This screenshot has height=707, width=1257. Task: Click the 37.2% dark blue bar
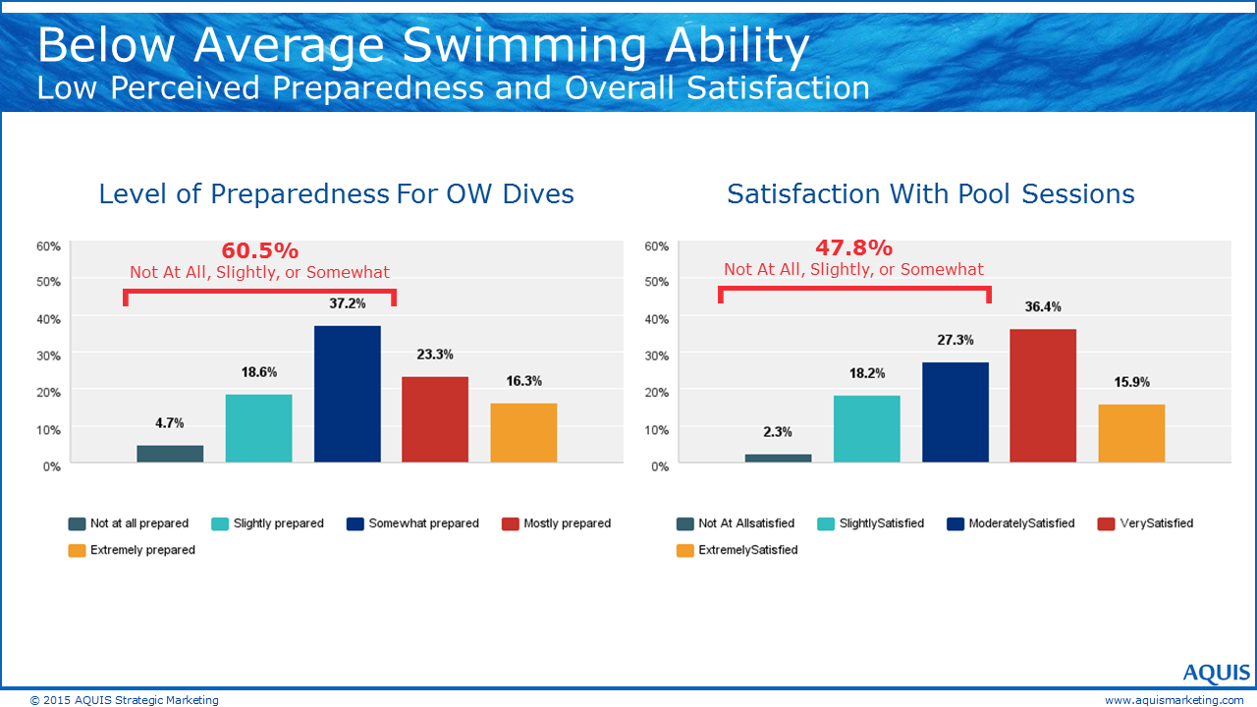(x=347, y=394)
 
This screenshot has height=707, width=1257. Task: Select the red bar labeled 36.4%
(x=1043, y=396)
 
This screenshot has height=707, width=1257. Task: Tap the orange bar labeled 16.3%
(x=523, y=433)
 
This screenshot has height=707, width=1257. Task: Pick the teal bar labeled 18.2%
(x=866, y=429)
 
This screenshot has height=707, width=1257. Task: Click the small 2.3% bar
(x=778, y=458)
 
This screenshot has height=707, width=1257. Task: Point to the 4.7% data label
(x=169, y=423)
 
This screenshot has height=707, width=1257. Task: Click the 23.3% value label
(x=434, y=354)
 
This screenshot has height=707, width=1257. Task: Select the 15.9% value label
(x=1131, y=382)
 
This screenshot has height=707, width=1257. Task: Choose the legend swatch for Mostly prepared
(x=509, y=524)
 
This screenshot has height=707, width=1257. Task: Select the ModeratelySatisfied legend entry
(x=1021, y=523)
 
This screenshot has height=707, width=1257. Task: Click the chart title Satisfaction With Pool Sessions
(x=930, y=193)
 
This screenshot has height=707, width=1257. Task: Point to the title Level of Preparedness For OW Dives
(x=336, y=193)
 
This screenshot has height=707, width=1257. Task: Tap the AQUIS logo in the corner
(x=1216, y=674)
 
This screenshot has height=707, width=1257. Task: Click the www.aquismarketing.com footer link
(x=1174, y=700)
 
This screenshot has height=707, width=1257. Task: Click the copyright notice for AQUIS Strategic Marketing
(x=125, y=700)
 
